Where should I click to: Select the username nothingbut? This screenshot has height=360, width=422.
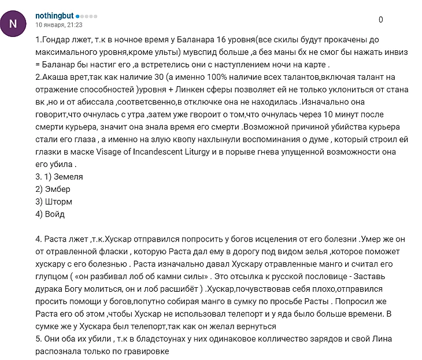coord(54,16)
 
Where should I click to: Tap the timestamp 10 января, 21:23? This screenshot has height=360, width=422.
coord(59,25)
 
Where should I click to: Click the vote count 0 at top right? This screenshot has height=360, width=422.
coord(381,20)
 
